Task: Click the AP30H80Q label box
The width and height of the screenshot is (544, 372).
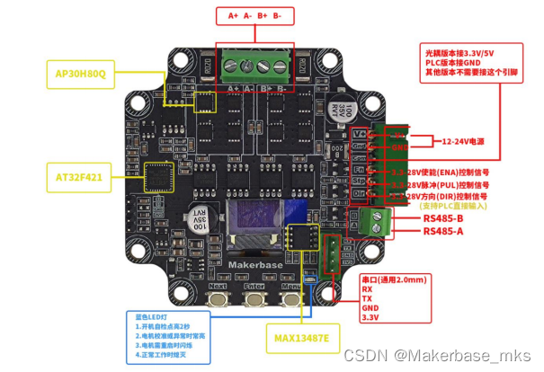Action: pyautogui.click(x=81, y=75)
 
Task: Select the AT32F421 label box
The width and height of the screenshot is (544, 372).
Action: pyautogui.click(x=79, y=178)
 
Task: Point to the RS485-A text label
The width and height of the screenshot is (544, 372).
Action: pyautogui.click(x=443, y=231)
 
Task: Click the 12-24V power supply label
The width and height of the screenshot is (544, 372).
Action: pyautogui.click(x=464, y=141)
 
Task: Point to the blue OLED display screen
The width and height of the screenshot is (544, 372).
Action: pyautogui.click(x=255, y=221)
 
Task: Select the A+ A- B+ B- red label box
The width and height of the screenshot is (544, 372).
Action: pyautogui.click(x=254, y=16)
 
